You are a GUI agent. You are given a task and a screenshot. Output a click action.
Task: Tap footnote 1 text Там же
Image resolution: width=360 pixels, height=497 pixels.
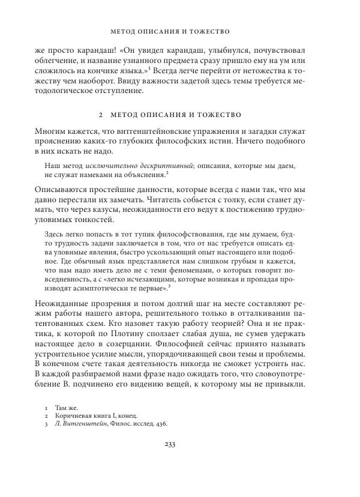coord(66,406)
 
